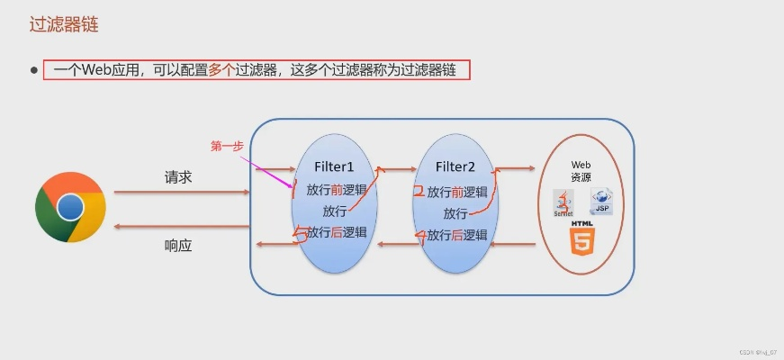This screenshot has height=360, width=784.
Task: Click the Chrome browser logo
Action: coord(70,208)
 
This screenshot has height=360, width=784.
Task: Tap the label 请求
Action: coord(178,177)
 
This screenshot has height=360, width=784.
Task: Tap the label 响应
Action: coord(178,245)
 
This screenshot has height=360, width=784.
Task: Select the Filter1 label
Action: coord(334,166)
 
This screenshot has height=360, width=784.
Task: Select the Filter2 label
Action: coord(455,166)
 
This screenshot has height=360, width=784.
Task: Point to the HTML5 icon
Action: coord(581,240)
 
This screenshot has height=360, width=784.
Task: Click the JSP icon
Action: coord(601,202)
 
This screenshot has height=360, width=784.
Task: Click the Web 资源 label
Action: coord(581,171)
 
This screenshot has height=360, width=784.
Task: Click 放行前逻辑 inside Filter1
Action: coord(337,190)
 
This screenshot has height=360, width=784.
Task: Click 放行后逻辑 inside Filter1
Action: coord(337,232)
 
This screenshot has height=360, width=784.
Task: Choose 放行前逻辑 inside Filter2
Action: coord(457,192)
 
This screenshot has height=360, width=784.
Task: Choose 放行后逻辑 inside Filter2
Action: coord(457,235)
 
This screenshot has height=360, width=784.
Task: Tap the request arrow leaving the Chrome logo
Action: coord(180,192)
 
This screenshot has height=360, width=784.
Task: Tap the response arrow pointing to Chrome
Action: coord(180,227)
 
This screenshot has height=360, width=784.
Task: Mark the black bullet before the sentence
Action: coord(34,70)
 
